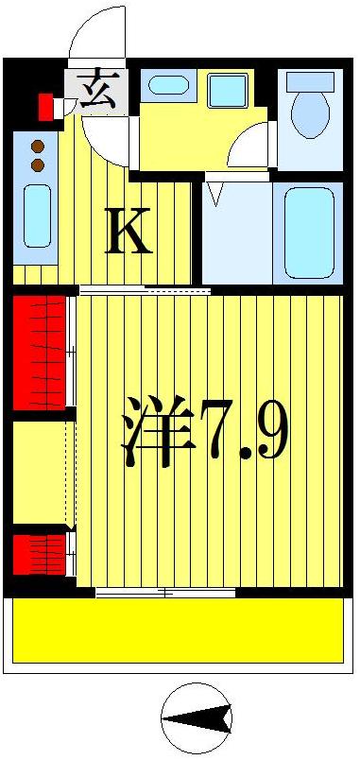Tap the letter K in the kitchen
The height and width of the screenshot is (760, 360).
[x=129, y=232]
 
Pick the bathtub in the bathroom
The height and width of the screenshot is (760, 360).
[x=309, y=232]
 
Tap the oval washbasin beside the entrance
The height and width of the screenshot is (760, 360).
[x=167, y=85]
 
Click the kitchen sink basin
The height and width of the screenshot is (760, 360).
[x=37, y=216]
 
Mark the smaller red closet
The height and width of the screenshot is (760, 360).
[x=40, y=554]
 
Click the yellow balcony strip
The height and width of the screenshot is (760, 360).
[x=177, y=630]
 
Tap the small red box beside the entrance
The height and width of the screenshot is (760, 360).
[x=45, y=107]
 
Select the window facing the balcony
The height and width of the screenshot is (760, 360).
[x=165, y=593]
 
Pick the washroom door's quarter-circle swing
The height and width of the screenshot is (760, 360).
[x=248, y=149]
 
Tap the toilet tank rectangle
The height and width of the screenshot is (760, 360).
[x=309, y=81]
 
